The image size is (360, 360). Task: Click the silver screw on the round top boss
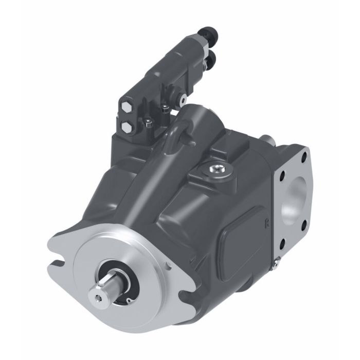[x=215, y=168]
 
